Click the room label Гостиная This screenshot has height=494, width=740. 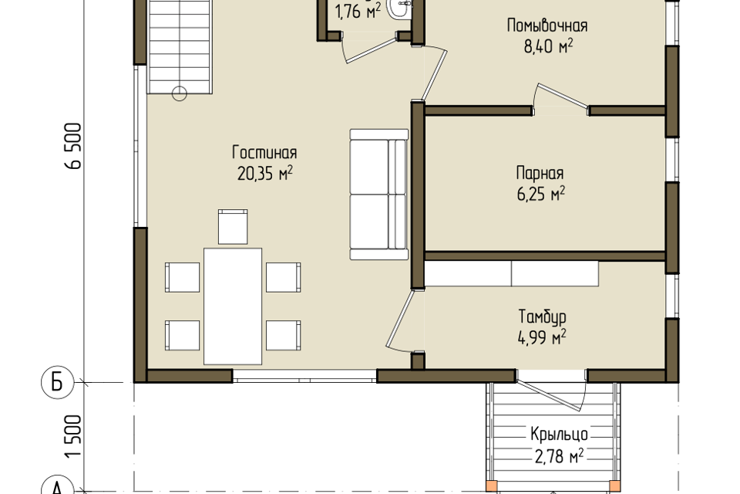click(x=264, y=153)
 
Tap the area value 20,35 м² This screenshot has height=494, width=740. click(x=264, y=174)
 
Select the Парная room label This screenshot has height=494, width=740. click(x=540, y=173)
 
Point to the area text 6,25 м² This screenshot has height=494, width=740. click(x=541, y=193)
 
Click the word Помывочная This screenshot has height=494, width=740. click(x=547, y=25)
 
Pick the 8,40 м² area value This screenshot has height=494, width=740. click(x=548, y=46)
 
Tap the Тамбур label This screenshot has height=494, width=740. click(x=542, y=316)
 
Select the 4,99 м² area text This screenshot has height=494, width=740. click(x=542, y=337)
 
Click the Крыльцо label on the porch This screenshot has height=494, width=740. click(x=560, y=434)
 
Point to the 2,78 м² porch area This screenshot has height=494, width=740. click(x=560, y=456)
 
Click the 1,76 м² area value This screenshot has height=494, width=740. click(x=358, y=12)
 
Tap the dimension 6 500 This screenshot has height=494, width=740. click(x=74, y=146)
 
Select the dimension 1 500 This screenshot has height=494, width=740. click(x=74, y=436)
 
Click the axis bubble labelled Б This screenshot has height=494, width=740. click(x=57, y=382)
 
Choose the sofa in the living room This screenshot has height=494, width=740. click(x=378, y=195)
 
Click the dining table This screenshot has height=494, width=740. click(x=233, y=306)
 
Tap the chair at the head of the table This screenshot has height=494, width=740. click(x=233, y=227)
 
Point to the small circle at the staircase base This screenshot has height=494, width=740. click(x=180, y=94)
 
